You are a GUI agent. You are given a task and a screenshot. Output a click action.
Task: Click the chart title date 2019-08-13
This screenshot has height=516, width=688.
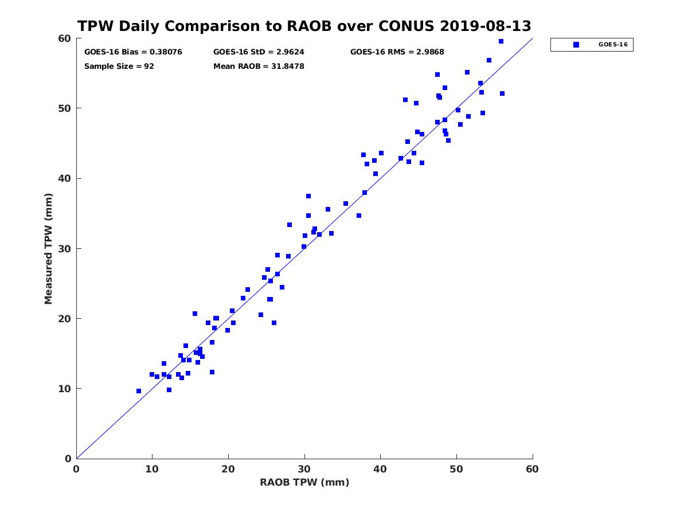pos(485,26)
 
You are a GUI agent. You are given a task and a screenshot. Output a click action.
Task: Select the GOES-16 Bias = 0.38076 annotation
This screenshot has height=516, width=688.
pos(133,52)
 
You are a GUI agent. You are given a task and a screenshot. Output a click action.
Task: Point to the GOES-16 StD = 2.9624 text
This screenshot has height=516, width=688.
pos(259,52)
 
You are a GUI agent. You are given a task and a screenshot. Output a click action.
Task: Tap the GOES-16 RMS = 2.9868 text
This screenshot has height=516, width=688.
pos(397,52)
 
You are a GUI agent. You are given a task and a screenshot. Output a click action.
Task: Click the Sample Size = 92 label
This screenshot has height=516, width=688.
pos(119,66)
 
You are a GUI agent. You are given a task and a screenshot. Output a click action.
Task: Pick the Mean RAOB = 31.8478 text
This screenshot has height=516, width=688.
pos(259,66)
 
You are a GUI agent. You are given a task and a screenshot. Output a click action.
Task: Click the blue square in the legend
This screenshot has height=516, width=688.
pos(576,45)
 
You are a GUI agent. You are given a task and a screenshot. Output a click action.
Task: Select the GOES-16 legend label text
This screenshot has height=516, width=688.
pos(613,45)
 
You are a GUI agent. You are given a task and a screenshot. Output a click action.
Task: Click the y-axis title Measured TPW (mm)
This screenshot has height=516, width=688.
pos(48,248)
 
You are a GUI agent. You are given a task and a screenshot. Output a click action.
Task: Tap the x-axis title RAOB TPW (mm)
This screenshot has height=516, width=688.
pos(304,482)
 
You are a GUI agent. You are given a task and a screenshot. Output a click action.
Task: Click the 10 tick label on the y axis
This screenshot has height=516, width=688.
pos(65,389)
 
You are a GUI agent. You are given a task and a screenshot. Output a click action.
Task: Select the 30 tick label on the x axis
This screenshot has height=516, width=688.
pos(304,469)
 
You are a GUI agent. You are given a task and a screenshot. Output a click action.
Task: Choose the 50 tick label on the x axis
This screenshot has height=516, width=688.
pos(456,469)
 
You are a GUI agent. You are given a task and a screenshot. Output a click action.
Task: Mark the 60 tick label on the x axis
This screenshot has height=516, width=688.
pos(532,469)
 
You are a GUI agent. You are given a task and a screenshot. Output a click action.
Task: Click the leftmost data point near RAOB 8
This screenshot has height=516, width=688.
pos(139,391)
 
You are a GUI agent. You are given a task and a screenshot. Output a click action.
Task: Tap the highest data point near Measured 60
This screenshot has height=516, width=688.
pos(501,41)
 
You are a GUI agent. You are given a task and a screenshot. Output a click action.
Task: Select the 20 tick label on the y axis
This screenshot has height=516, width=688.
pos(65,319)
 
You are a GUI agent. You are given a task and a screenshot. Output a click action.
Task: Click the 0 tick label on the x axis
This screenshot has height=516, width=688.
pos(76,469)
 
